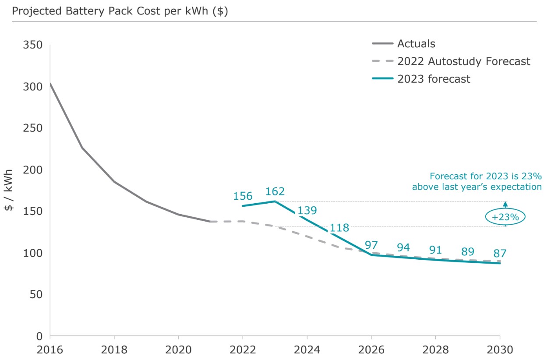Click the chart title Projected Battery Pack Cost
click(x=120, y=11)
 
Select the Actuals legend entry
click(x=416, y=43)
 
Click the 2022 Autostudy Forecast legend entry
click(x=463, y=61)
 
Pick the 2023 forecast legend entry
click(x=434, y=79)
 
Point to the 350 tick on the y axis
click(x=34, y=45)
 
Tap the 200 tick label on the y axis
click(x=34, y=170)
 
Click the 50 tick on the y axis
click(x=36, y=295)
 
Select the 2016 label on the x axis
click(x=50, y=350)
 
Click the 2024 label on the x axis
click(x=307, y=350)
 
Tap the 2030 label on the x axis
click(x=500, y=350)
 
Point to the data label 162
click(x=275, y=191)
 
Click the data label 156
click(x=243, y=196)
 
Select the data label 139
click(x=307, y=211)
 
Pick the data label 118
click(x=339, y=228)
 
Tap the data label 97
click(x=371, y=245)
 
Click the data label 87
click(x=500, y=253)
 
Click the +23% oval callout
click(x=505, y=216)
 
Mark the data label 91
click(x=436, y=251)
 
